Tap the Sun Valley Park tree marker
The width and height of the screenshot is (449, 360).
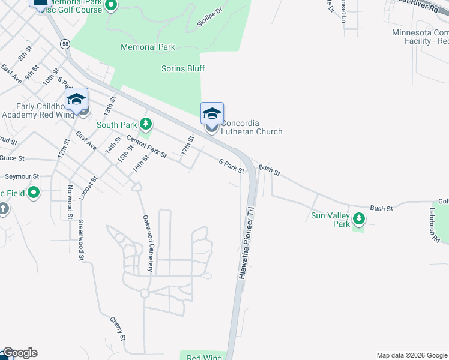[x=359, y=220]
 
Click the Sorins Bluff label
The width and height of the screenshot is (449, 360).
[x=183, y=68]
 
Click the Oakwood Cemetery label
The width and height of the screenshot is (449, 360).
[x=148, y=244]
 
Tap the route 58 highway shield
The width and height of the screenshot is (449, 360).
[x=65, y=43]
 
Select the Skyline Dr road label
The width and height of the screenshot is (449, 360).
[x=209, y=20]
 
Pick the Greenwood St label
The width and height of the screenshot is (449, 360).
[x=80, y=240]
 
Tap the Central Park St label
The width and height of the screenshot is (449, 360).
[x=146, y=146]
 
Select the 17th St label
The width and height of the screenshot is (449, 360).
[x=188, y=146]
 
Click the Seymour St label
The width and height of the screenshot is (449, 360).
[x=22, y=177]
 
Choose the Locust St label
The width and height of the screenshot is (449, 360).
[x=91, y=187]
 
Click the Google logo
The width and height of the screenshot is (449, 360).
[x=19, y=353]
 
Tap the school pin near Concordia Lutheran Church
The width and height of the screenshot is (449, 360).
[x=212, y=113]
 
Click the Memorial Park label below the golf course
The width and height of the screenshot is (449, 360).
[x=148, y=47]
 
